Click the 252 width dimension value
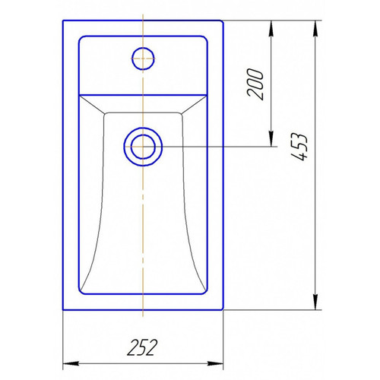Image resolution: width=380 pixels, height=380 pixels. point(142,347)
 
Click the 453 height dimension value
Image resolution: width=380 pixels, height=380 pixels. point(299,147)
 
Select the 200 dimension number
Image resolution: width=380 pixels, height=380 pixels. point(255,84)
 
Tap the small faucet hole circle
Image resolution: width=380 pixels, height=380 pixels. point(143,59)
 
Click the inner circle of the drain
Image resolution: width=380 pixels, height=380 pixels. point(143,147)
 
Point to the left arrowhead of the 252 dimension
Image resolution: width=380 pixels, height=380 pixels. point(71,363)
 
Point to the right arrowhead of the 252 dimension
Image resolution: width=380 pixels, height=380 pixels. point(215,363)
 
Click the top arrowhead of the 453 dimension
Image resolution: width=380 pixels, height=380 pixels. point(315,28)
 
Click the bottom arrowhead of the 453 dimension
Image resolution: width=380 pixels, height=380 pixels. point(315,302)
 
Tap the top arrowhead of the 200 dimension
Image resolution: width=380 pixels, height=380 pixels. point(271,28)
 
